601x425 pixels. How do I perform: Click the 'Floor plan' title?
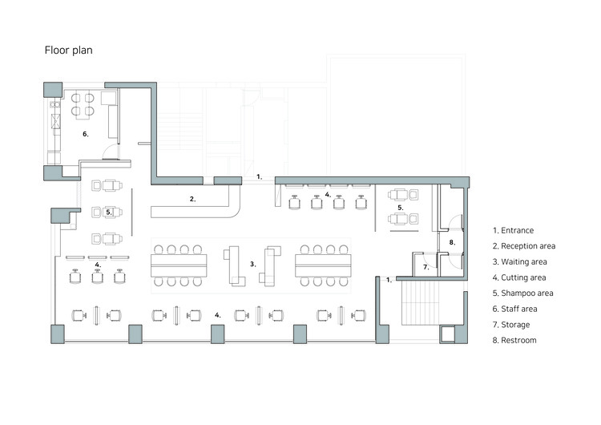pyautogui.click(x=69, y=51)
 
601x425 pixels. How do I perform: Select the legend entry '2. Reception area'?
pyautogui.click(x=524, y=246)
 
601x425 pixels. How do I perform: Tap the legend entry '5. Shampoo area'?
pyautogui.click(x=522, y=293)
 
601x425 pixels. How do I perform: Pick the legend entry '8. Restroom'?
pyautogui.click(x=514, y=340)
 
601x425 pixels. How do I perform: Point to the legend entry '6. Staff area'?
pyautogui.click(x=514, y=309)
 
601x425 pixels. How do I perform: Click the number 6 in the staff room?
pyautogui.click(x=86, y=134)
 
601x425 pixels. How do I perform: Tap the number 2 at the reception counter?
pyautogui.click(x=192, y=199)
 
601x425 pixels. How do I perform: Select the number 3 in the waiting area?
pyautogui.click(x=252, y=264)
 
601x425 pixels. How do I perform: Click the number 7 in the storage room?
pyautogui.click(x=426, y=267)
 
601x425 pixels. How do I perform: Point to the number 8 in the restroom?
pyautogui.click(x=452, y=242)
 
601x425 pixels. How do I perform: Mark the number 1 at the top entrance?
pyautogui.click(x=259, y=177)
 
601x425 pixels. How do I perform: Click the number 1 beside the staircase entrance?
pyautogui.click(x=389, y=280)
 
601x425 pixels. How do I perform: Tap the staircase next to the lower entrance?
pyautogui.click(x=420, y=303)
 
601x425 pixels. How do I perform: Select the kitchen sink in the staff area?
pyautogui.click(x=55, y=121)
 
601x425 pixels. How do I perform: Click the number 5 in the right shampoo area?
pyautogui.click(x=400, y=208)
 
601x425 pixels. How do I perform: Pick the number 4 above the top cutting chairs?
pyautogui.click(x=328, y=195)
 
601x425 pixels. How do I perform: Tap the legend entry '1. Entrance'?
pyautogui.click(x=513, y=230)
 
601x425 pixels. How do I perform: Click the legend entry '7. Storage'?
pyautogui.click(x=511, y=325)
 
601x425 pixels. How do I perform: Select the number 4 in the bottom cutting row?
pyautogui.click(x=217, y=315)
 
